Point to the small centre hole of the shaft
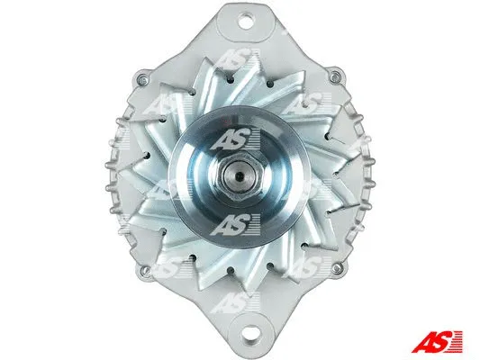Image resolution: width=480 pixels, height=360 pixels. point(242,169)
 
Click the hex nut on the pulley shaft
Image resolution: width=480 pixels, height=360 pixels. point(242,169)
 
